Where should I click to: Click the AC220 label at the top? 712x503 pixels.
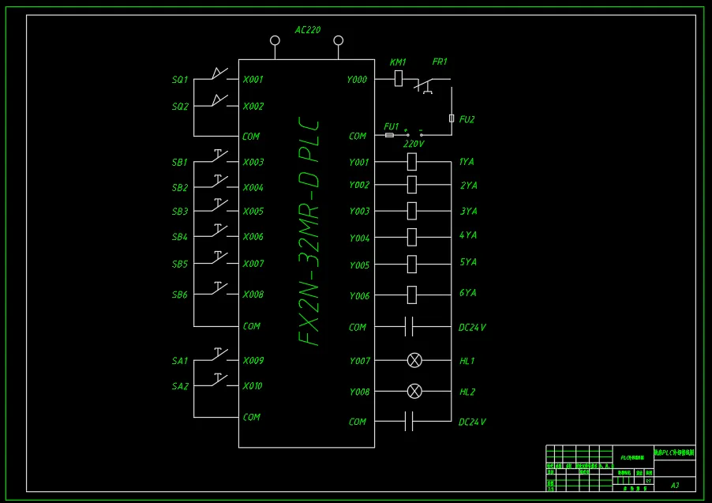click(x=308, y=30)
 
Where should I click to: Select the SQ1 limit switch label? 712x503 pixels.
click(x=180, y=80)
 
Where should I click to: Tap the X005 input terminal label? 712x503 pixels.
click(x=253, y=212)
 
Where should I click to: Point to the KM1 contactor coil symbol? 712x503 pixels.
click(x=399, y=78)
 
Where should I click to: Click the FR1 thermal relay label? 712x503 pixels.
click(x=440, y=62)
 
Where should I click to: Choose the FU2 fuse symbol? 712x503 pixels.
click(x=452, y=118)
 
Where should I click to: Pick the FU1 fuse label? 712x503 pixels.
click(x=392, y=126)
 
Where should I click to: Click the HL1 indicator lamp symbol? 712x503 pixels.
click(x=414, y=361)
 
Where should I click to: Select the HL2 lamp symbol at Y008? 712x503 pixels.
click(x=414, y=391)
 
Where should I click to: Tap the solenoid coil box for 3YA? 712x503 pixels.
click(x=411, y=211)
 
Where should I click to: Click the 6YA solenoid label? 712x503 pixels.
click(x=468, y=293)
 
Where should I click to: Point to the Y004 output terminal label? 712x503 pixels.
click(x=359, y=238)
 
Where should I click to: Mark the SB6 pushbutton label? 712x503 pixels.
click(x=180, y=295)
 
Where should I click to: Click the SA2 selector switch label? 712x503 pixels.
click(x=180, y=387)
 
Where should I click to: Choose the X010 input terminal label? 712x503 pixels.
click(x=253, y=386)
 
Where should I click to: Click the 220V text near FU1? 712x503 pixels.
click(x=414, y=145)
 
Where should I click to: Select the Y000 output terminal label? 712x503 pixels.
click(x=357, y=80)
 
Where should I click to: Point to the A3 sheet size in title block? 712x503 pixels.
click(x=675, y=485)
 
